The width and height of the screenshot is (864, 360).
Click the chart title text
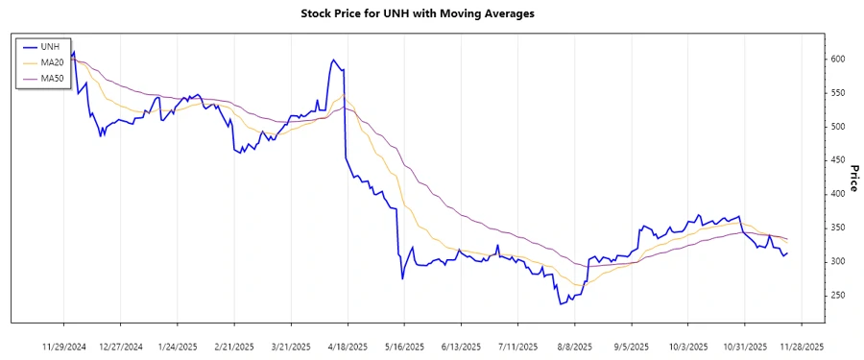431,14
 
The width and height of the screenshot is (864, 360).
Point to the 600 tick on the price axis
839,60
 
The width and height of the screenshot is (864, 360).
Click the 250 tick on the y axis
839,295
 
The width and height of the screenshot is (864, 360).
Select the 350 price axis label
839,228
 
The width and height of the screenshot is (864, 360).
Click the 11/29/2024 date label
64,346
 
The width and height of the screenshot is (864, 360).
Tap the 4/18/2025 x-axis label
348,346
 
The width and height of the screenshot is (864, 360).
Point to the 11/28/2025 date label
802,346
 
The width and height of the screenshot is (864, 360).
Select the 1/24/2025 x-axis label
178,346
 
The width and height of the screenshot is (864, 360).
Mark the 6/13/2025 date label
462,346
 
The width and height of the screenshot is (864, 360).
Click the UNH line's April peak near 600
332,60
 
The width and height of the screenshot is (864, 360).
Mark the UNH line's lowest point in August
561,304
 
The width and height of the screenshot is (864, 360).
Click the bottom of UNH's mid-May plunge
402,278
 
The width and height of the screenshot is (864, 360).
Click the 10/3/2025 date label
688,346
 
